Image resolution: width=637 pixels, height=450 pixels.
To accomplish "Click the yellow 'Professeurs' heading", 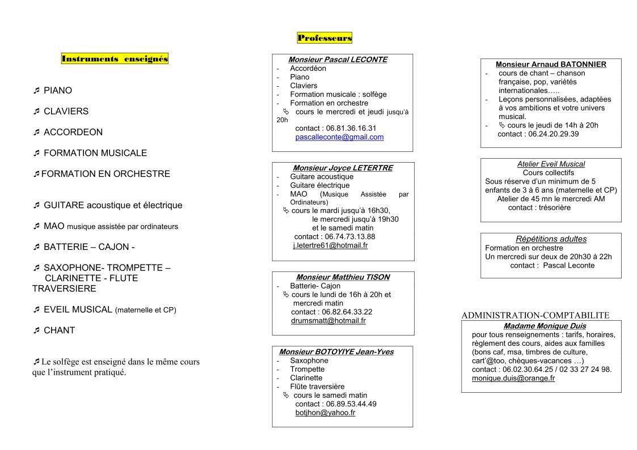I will [324, 38].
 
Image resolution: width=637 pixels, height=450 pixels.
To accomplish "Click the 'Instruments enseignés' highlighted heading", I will [115, 58].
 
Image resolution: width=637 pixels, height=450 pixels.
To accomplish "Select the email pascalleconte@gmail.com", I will [339, 137].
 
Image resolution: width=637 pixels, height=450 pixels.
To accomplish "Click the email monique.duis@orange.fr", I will [513, 378].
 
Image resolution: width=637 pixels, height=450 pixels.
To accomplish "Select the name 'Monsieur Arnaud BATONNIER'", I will [551, 64].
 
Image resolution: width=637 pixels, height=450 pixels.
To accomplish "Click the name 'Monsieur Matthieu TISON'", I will [343, 277].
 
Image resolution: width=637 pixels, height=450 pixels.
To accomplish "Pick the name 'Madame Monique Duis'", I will [545, 326].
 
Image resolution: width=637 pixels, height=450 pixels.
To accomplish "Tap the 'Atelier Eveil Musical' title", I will [551, 164].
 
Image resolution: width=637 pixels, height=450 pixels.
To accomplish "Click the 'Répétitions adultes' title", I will [551, 239].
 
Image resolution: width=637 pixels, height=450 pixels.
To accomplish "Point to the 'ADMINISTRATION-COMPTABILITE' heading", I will [535, 315].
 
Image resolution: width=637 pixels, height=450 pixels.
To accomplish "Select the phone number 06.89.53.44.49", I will [351, 404].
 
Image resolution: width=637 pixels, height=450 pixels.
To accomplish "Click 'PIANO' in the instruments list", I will [58, 91].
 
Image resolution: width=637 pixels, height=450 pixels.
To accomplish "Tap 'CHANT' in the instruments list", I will [59, 330].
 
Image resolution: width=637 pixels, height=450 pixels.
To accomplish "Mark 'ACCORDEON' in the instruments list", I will [73, 132].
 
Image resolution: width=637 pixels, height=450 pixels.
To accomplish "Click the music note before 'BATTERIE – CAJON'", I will [36, 247].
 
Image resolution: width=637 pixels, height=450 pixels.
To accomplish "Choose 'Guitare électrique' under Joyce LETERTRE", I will [319, 185].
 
